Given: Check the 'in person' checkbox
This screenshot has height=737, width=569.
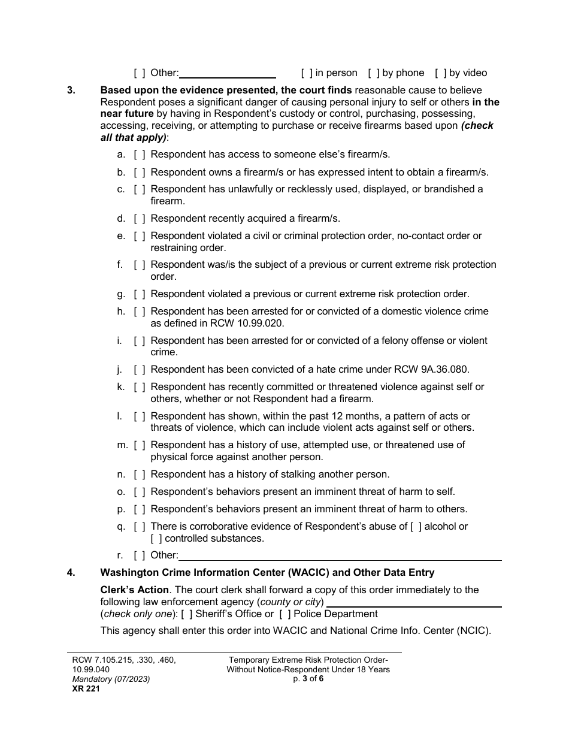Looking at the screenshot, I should (307, 73).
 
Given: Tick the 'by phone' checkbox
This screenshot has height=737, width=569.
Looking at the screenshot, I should (374, 73).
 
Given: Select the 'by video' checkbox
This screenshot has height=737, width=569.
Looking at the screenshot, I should (441, 73).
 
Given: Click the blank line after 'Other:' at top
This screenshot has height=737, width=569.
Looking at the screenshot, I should (228, 74).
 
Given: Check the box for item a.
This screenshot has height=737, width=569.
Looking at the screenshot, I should (140, 155).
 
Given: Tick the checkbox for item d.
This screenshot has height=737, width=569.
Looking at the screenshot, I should (140, 219).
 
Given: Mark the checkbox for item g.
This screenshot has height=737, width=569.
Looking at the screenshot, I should (140, 294).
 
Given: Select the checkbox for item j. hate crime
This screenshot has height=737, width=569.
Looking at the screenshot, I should (140, 370).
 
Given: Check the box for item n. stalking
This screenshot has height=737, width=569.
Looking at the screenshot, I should (140, 475).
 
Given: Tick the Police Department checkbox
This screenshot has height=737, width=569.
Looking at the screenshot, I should (285, 614).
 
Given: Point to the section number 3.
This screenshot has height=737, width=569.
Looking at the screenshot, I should (71, 90).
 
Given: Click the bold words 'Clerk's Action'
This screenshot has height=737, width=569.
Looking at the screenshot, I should (134, 590).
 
